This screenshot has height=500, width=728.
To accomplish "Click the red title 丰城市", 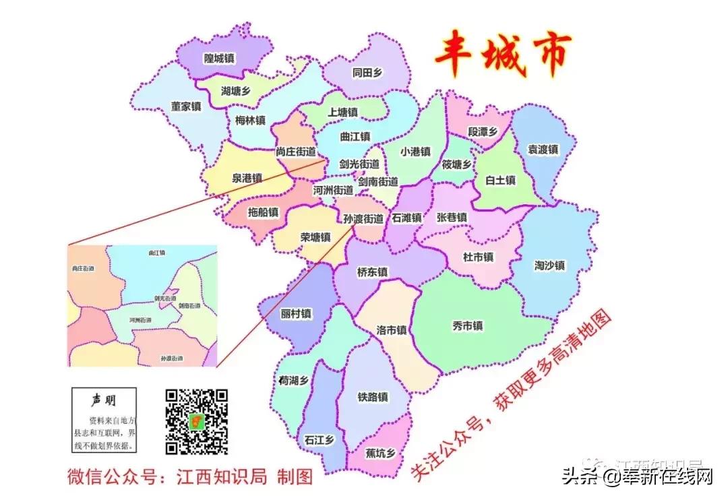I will (x=502, y=57).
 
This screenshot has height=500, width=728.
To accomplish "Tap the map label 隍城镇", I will (x=219, y=59).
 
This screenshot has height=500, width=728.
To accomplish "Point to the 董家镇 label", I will (x=186, y=106).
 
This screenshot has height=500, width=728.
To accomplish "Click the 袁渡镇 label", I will (x=543, y=150).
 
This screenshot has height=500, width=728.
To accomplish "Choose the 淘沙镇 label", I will (x=550, y=265).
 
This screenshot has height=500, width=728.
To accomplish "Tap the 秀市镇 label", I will (x=467, y=326).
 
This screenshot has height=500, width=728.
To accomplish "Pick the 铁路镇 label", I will (x=372, y=398).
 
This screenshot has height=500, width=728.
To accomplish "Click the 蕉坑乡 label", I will (x=380, y=453).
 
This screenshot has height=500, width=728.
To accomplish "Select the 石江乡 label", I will (x=320, y=439).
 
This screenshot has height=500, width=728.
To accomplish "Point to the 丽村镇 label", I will (x=297, y=314).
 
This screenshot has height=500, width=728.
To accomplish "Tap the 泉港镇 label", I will (x=247, y=179).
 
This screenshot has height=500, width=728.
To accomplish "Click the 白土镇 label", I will (x=500, y=180).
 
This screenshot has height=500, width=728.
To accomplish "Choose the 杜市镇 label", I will (x=478, y=257).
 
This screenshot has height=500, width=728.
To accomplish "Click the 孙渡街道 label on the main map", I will (x=363, y=219).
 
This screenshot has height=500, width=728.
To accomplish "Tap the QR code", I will (x=197, y=422).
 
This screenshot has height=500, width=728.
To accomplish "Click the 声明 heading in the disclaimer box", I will (x=104, y=400).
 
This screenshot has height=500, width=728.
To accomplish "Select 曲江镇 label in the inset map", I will (x=156, y=253).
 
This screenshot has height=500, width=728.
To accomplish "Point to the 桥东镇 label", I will (x=372, y=272).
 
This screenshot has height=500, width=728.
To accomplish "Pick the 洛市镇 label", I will (x=392, y=330).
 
